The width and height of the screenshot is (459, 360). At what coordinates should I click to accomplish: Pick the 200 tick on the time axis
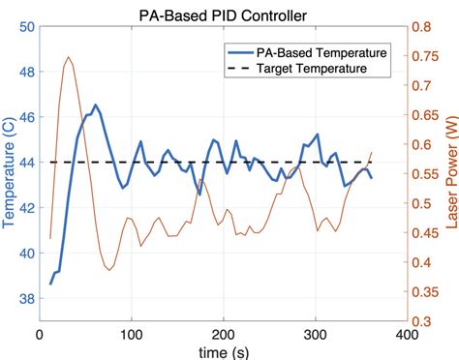click(223, 334)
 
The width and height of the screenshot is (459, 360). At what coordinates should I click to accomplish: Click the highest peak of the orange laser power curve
click(68, 57)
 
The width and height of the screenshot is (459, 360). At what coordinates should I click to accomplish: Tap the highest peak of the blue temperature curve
click(95, 105)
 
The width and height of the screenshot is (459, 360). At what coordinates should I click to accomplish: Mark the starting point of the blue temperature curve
click(50, 284)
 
